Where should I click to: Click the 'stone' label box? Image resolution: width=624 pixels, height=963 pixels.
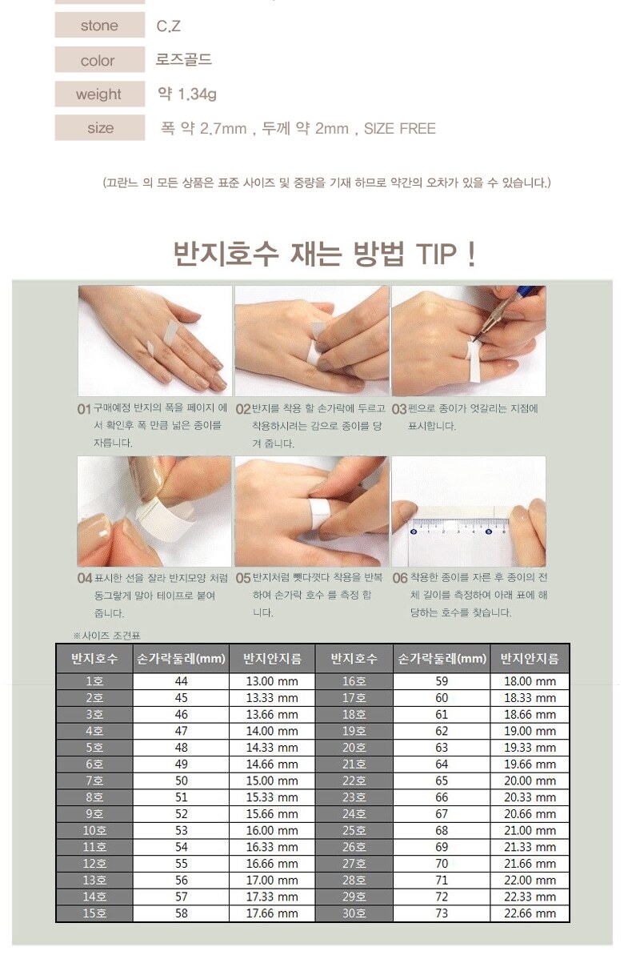coord(100,25)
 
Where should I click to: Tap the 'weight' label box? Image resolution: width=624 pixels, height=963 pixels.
coord(100,94)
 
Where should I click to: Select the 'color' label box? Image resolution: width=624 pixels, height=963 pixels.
coord(100,59)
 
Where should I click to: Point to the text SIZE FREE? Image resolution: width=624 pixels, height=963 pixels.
coord(400,128)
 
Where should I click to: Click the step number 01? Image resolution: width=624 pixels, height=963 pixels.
coord(84,409)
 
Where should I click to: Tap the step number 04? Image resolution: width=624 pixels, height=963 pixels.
coord(85,578)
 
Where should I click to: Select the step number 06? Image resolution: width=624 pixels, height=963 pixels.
coord(400,578)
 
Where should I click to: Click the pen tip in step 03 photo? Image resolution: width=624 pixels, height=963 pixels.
coord(474,340)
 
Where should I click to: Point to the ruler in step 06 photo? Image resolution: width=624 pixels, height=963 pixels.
coord(459,527)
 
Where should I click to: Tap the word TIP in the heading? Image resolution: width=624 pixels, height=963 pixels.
coord(436,254)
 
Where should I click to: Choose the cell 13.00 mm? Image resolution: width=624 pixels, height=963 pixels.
coord(272,681)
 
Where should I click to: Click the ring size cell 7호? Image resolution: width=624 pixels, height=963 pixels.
coord(94,780)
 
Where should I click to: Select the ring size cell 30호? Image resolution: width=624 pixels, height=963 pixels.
coord(354,913)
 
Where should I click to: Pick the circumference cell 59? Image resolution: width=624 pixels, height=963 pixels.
coord(442,681)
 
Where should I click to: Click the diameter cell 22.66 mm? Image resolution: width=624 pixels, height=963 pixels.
coord(530,913)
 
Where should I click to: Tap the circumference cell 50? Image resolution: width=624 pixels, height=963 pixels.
coord(181,780)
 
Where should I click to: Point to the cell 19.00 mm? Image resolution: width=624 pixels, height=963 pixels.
coord(530,731)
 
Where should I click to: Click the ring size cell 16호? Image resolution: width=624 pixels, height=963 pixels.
coord(354,681)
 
